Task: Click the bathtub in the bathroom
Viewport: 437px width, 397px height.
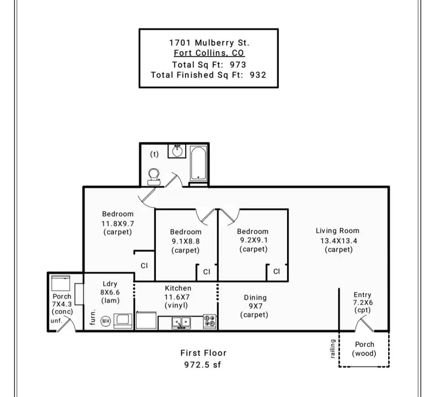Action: (198, 163)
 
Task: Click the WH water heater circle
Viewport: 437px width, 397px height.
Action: (105, 321)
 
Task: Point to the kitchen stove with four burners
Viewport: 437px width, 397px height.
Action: (210, 322)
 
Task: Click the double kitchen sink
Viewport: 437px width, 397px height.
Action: (181, 322)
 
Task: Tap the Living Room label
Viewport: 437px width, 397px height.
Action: (337, 231)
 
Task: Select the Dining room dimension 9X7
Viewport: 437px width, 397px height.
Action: (255, 306)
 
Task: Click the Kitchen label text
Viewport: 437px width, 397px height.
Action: (178, 288)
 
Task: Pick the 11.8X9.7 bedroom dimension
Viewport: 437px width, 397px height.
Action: (118, 223)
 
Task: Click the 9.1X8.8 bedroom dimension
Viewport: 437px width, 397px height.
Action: (186, 241)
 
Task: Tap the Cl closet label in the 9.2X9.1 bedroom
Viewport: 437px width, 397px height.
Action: (277, 271)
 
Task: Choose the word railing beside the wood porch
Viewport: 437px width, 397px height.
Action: (333, 348)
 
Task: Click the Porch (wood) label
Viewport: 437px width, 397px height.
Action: (364, 349)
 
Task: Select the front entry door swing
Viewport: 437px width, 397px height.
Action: (363, 324)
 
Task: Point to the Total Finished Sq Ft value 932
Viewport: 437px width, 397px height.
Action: (258, 75)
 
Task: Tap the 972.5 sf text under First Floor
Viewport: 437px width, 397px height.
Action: (203, 365)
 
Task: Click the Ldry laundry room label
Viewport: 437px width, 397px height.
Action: (110, 284)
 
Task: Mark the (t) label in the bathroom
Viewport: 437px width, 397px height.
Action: (154, 154)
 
